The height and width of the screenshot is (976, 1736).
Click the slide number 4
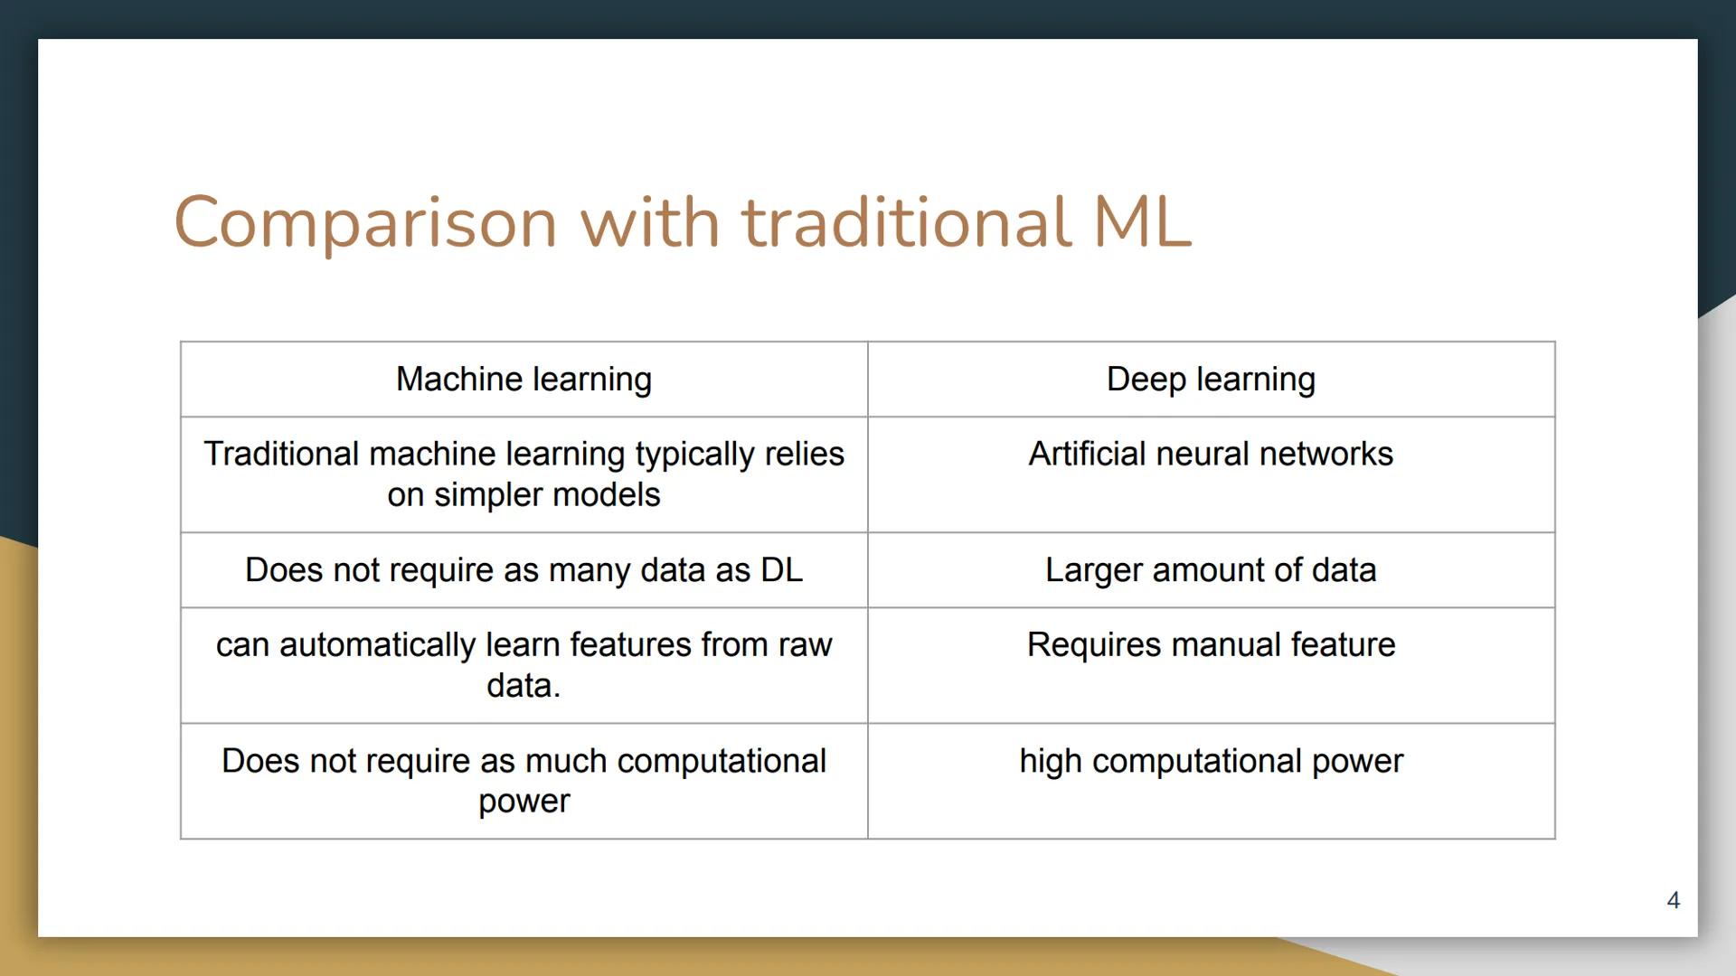click(1673, 900)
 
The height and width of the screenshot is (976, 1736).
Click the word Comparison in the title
click(365, 222)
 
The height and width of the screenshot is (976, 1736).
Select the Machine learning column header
click(524, 380)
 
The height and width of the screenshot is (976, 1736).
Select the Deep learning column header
click(1211, 380)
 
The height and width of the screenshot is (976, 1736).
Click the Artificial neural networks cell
click(1211, 454)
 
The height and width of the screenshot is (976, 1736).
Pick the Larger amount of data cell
click(1211, 570)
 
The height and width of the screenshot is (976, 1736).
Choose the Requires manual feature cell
click(1211, 644)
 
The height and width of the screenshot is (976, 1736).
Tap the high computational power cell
click(1211, 761)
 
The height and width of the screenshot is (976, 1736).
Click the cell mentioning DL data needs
click(524, 570)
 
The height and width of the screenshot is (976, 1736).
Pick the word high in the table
click(1051, 762)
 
